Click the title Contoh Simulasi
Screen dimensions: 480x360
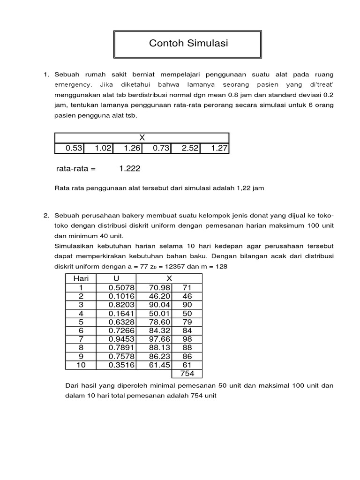[188, 44]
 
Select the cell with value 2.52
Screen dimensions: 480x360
[185, 149]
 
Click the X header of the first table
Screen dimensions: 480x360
[142, 138]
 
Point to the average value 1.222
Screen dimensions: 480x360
[129, 168]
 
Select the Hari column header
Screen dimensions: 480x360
[81, 278]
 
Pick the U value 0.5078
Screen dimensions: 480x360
[121, 287]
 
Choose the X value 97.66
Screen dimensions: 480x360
[158, 339]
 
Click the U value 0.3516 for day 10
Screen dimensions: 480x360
[121, 365]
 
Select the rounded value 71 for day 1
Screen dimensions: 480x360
[187, 287]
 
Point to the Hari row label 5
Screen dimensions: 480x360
[81, 322]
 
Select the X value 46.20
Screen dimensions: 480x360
[158, 296]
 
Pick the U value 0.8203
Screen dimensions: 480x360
[121, 305]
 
